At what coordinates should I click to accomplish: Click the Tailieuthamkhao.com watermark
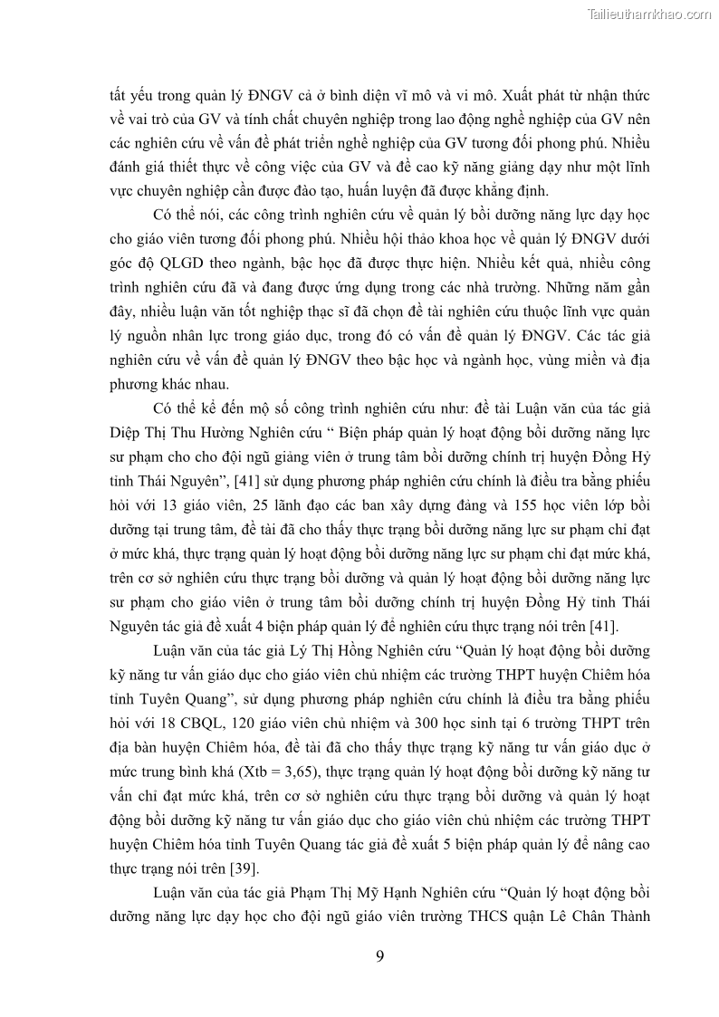649,14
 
